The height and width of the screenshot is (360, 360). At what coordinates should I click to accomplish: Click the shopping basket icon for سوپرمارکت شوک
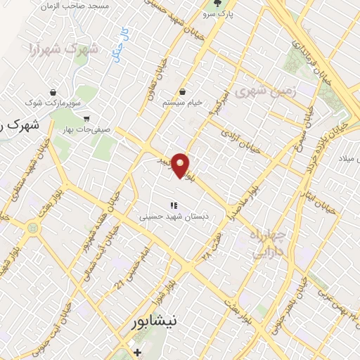point(53,91)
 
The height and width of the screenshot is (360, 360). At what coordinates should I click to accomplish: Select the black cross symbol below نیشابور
point(137,351)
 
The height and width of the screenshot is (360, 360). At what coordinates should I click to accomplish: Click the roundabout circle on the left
point(32,227)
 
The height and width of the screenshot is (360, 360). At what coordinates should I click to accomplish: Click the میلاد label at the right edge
point(348,156)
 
